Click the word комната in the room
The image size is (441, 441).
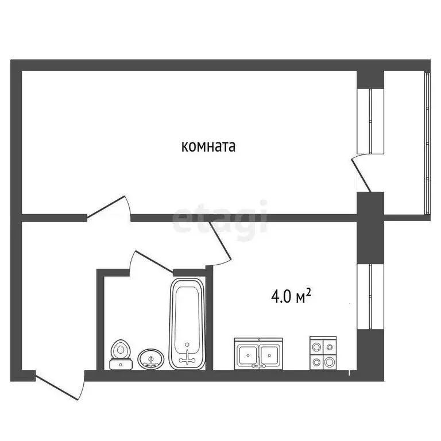pyautogui.click(x=208, y=146)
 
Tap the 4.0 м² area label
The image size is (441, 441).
pyautogui.click(x=291, y=296)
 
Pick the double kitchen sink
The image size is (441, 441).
pyautogui.click(x=258, y=353)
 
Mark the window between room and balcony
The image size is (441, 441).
pyautogui.click(x=370, y=121)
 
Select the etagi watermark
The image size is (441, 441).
pyautogui.click(x=220, y=217)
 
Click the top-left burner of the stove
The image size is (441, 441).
pyautogui.click(x=315, y=347)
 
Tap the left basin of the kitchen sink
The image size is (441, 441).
pyautogui.click(x=247, y=354)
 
